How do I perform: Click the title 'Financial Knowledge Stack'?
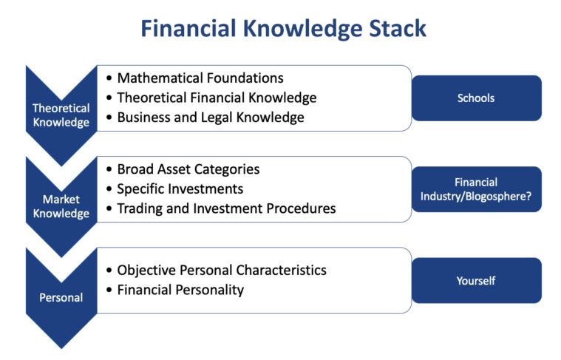(x=283, y=29)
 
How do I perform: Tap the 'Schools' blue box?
(x=476, y=98)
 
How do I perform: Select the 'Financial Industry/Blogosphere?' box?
(x=476, y=189)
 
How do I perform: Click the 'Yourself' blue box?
(x=476, y=281)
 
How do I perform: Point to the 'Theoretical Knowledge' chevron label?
(x=61, y=115)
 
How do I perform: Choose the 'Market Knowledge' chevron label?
(x=61, y=206)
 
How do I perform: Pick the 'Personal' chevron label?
(x=61, y=298)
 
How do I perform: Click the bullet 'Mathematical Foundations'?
(x=200, y=78)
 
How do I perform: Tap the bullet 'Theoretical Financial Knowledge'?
(x=217, y=98)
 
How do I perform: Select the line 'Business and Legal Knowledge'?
(x=210, y=117)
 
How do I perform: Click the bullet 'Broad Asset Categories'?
(x=188, y=169)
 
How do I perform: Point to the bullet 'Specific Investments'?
(x=180, y=189)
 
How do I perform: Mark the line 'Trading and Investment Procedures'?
(x=226, y=208)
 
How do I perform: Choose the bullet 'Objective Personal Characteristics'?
(x=222, y=270)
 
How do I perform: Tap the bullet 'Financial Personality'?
(x=180, y=290)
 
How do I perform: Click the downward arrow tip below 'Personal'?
(x=61, y=346)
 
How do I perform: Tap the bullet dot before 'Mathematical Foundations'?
(x=109, y=78)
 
